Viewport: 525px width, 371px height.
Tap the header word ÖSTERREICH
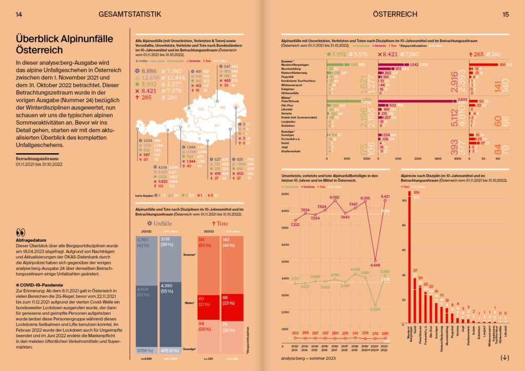[395, 14]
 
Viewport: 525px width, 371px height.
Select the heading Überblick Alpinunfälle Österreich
[54, 44]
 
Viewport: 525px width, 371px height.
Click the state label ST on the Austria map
[216, 125]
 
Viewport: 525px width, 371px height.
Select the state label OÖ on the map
[201, 109]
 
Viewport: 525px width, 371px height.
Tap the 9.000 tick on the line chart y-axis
[286, 195]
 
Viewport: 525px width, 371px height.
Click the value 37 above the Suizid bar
[415, 271]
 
